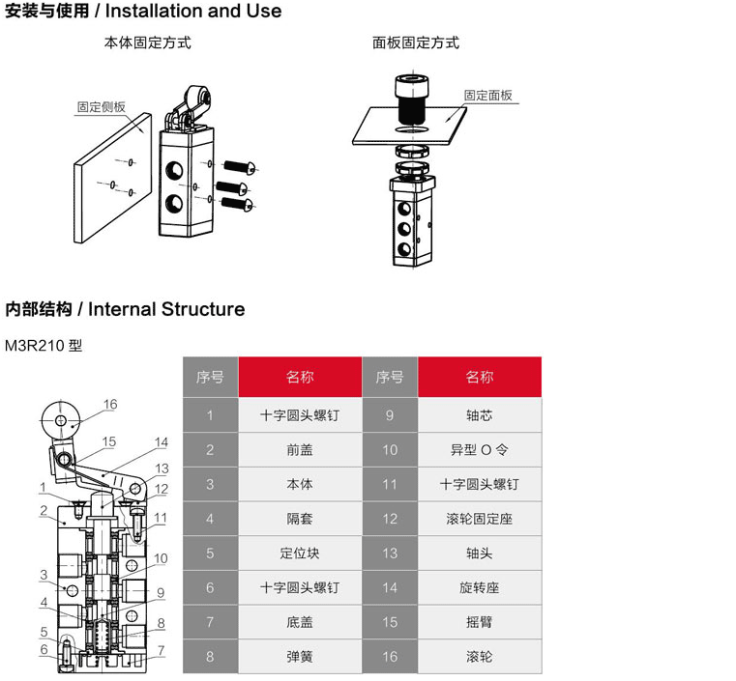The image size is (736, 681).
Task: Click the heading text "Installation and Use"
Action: (193, 12)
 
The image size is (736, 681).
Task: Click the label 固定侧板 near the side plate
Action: (102, 107)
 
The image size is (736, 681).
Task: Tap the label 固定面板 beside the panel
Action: (487, 96)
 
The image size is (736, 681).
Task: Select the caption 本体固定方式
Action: (147, 43)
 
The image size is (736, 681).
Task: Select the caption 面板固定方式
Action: (416, 43)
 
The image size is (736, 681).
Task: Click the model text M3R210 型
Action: (44, 346)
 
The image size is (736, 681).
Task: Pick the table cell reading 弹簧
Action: (300, 656)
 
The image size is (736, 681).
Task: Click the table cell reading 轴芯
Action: (479, 415)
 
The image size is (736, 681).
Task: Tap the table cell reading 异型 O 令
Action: (479, 450)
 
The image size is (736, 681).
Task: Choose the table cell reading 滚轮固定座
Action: (479, 519)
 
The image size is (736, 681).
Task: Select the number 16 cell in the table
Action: (389, 656)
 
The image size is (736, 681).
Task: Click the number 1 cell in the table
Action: (210, 415)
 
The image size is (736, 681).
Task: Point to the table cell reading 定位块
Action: (300, 553)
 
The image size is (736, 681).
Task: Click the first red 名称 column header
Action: (300, 377)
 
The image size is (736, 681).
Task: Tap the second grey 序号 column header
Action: (389, 377)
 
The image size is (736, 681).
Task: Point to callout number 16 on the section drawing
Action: (110, 405)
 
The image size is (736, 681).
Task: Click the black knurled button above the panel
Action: (413, 99)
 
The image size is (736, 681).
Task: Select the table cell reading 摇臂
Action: (479, 622)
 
